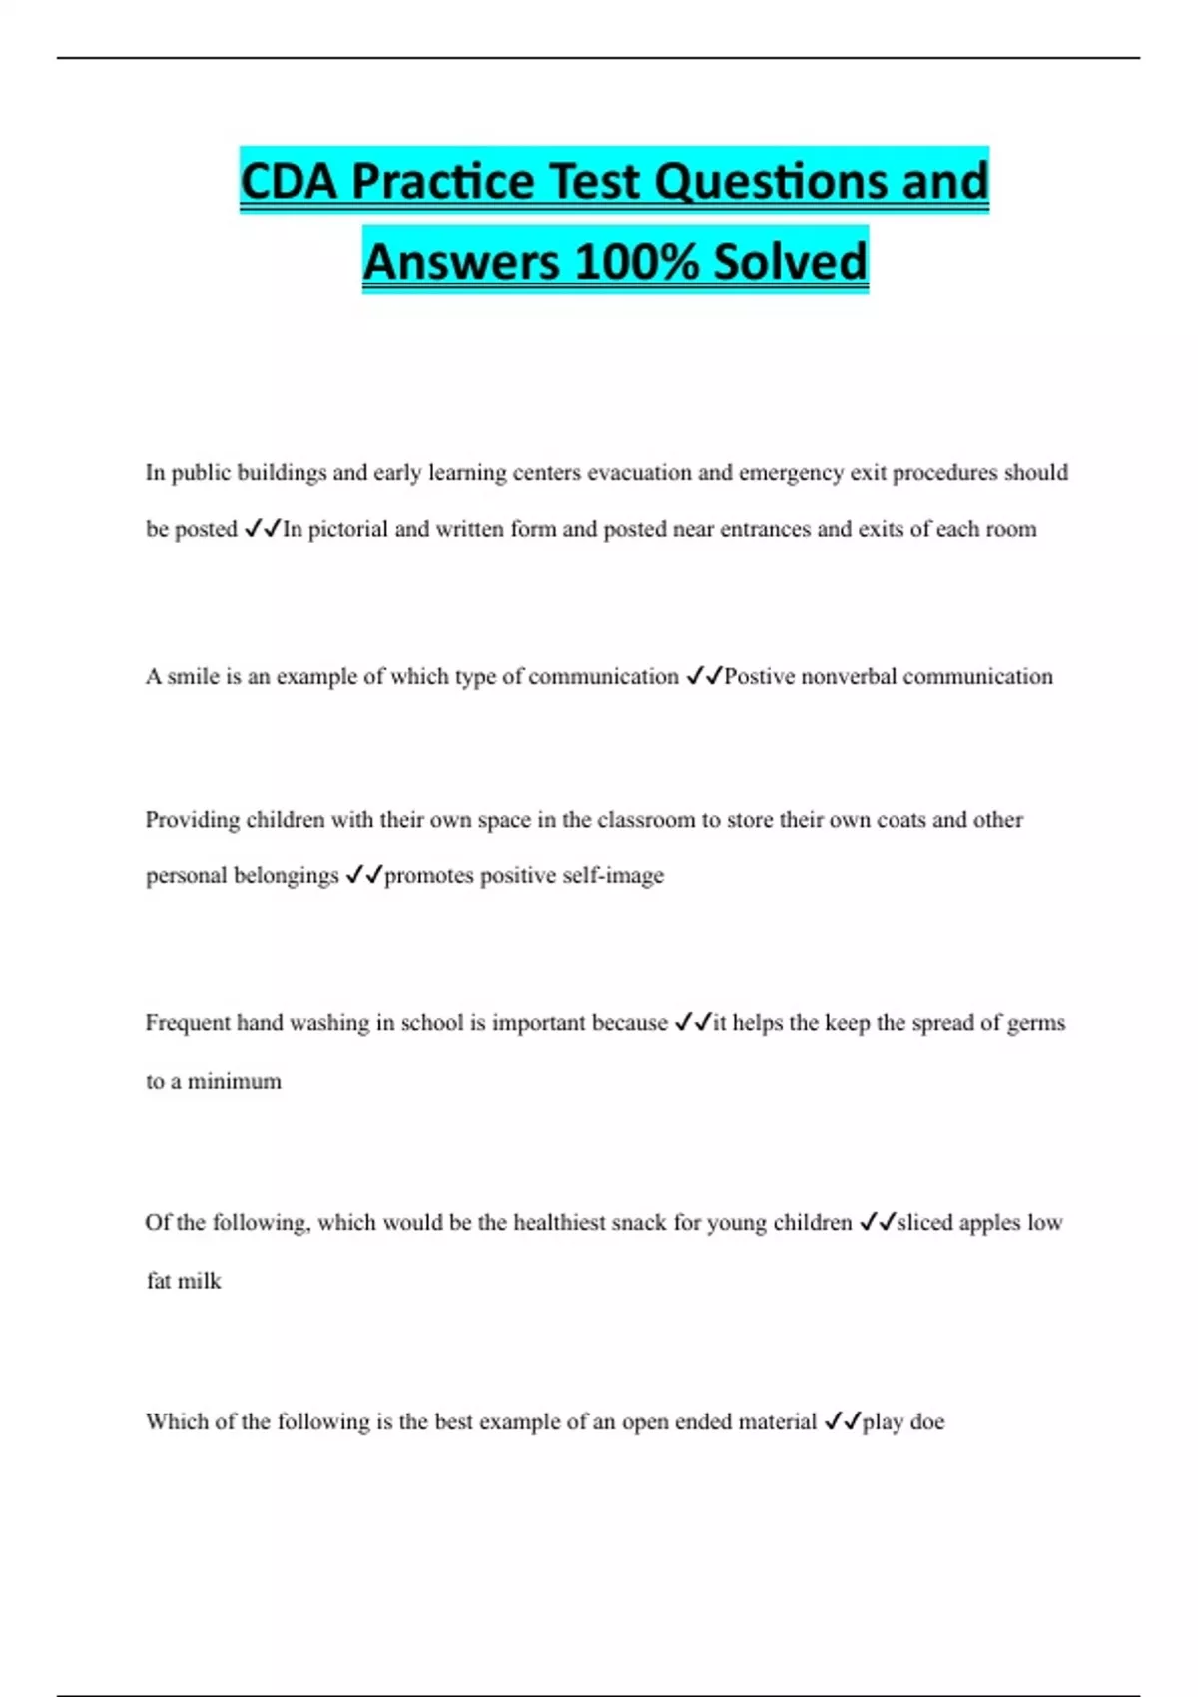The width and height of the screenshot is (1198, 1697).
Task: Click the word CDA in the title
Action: coord(289,182)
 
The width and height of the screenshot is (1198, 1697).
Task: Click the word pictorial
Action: coord(347,529)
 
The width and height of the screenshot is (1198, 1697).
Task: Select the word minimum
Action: coord(235,1081)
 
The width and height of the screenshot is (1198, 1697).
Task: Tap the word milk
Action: coord(199,1281)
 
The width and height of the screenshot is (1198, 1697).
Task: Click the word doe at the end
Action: coord(926,1422)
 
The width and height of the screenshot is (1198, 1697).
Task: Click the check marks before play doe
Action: coord(842,1422)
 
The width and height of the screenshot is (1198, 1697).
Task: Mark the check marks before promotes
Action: coord(364,876)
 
